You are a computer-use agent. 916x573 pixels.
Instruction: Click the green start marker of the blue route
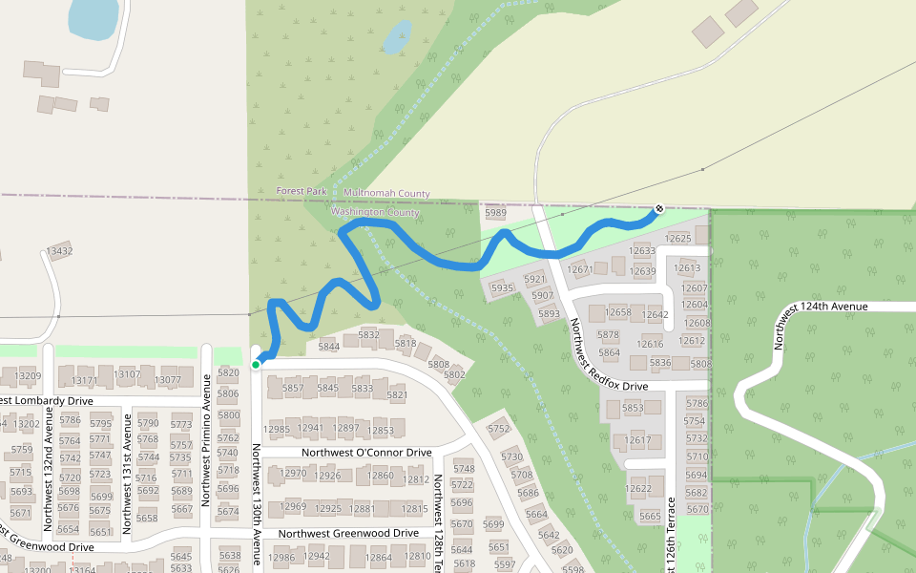point(256,364)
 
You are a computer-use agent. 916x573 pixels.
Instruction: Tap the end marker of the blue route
point(658,208)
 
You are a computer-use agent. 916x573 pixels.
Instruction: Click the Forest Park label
point(302,191)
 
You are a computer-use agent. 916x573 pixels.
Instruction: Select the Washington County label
point(375,212)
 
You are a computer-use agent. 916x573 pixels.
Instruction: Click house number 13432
point(59,251)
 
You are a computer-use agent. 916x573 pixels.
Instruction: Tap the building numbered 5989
point(495,213)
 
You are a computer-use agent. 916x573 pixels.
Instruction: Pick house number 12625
point(678,238)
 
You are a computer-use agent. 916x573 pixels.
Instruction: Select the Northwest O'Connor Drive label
point(366,452)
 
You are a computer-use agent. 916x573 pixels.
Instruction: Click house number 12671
point(580,269)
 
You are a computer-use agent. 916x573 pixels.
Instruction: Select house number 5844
point(329,346)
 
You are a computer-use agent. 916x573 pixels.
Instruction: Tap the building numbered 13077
point(167,379)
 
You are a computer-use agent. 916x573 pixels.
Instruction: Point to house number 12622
point(638,488)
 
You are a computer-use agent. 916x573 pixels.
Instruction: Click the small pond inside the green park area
point(398,37)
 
